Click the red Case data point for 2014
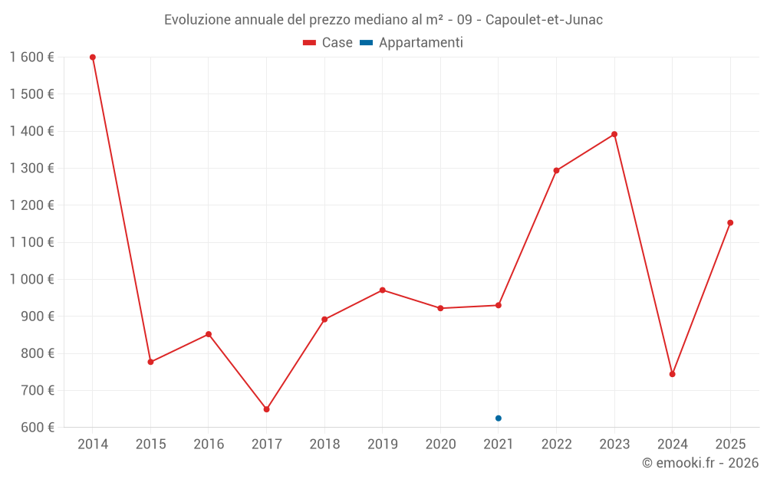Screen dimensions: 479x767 coord(93,57)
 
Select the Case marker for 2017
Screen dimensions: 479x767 coord(266,409)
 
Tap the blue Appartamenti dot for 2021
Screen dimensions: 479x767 coord(499,418)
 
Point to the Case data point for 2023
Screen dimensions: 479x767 coord(614,134)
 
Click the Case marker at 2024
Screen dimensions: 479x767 coord(672,374)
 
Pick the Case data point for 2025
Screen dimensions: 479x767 coord(730,223)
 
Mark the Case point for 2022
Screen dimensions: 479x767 coord(556,171)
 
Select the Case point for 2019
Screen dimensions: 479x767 coord(382,290)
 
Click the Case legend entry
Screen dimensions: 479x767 coord(328,43)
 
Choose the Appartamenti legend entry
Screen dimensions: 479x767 coord(411,43)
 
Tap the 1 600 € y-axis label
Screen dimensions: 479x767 coord(31,57)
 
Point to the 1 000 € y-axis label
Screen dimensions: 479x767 coord(31,280)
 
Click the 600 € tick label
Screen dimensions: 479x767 coord(37,428)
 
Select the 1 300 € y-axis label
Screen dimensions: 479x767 coord(31,169)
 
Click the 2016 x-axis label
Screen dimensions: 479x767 coord(209,445)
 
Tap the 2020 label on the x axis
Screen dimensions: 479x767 coord(440,445)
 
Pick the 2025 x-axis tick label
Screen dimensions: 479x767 coord(730,445)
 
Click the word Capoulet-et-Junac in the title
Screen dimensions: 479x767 coord(544,20)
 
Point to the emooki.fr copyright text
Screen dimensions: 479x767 coord(700,463)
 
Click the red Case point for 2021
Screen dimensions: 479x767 coord(499,305)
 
